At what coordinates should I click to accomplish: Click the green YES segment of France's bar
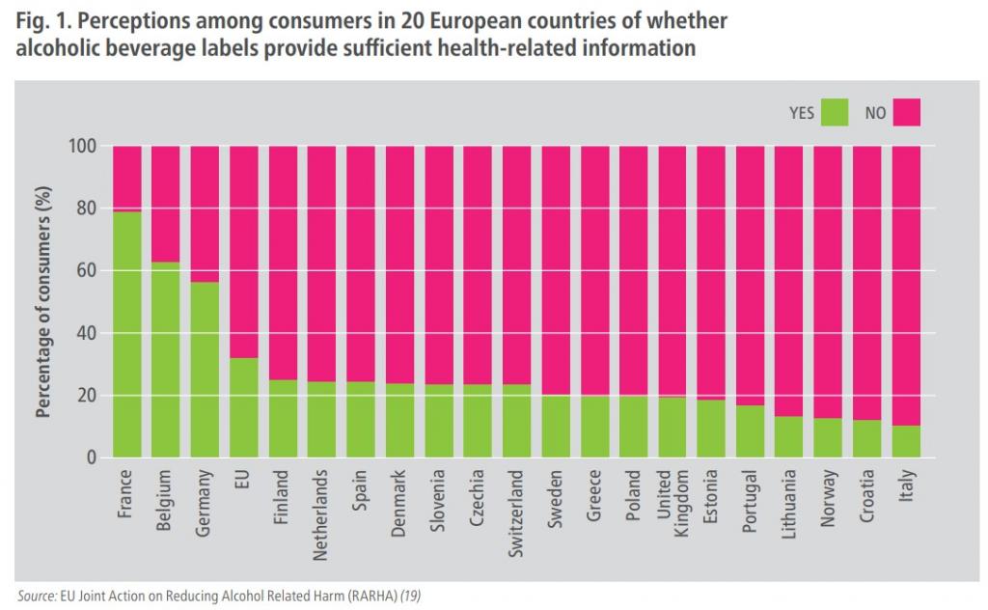pyautogui.click(x=127, y=334)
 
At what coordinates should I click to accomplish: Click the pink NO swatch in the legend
pyautogui.click(x=906, y=113)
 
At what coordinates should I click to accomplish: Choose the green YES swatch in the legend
pyautogui.click(x=834, y=113)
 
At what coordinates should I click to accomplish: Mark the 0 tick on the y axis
pyautogui.click(x=89, y=457)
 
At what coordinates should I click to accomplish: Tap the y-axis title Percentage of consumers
pyautogui.click(x=44, y=302)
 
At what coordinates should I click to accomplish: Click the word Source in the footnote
pyautogui.click(x=36, y=595)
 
